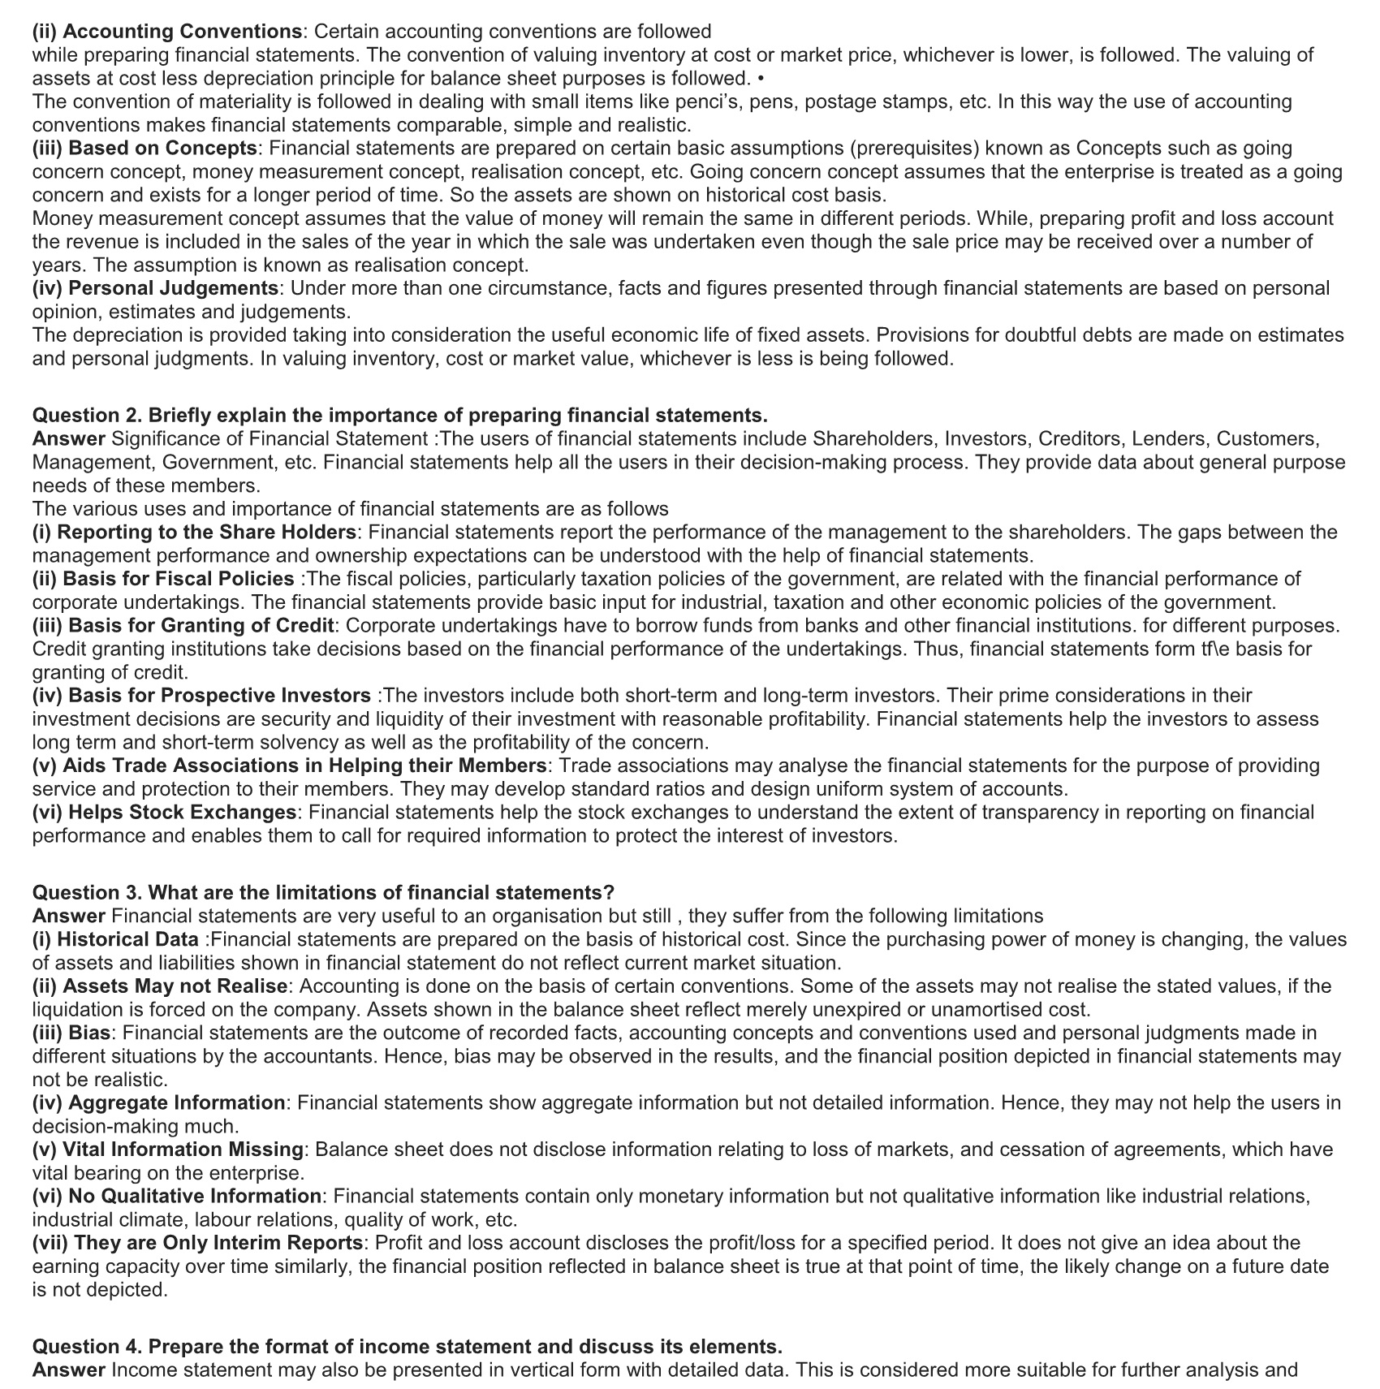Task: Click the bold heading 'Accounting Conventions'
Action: (182, 32)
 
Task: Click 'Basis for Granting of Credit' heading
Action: (201, 626)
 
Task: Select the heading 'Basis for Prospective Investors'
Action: (219, 696)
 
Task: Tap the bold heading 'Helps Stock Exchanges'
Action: (182, 813)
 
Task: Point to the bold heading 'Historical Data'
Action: (127, 940)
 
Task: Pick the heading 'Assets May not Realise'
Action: (175, 986)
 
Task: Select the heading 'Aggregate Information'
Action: (176, 1103)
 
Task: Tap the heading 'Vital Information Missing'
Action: (183, 1150)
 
